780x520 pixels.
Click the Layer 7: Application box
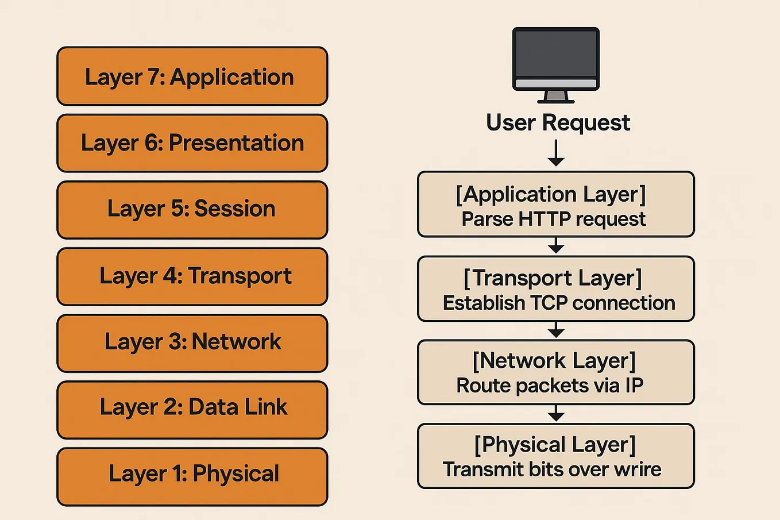(x=192, y=76)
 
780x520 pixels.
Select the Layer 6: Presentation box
(x=192, y=143)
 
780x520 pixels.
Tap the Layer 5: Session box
(x=192, y=210)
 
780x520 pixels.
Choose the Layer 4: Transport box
(x=192, y=276)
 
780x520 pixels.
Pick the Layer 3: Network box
(x=192, y=343)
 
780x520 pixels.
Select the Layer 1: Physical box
(x=192, y=476)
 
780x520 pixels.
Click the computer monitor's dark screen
(x=555, y=53)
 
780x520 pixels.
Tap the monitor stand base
(x=555, y=100)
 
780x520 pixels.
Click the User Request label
(x=558, y=123)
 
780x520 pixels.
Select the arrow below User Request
(x=555, y=154)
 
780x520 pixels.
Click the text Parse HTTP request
(x=554, y=219)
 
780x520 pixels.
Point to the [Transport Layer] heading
(x=553, y=278)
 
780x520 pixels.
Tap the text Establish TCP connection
(x=558, y=303)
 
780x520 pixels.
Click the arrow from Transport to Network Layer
(x=555, y=330)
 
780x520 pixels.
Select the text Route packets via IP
(x=550, y=386)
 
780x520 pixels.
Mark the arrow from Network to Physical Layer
(x=555, y=414)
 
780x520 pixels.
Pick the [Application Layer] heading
(x=551, y=194)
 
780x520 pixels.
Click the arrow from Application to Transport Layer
(x=555, y=246)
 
